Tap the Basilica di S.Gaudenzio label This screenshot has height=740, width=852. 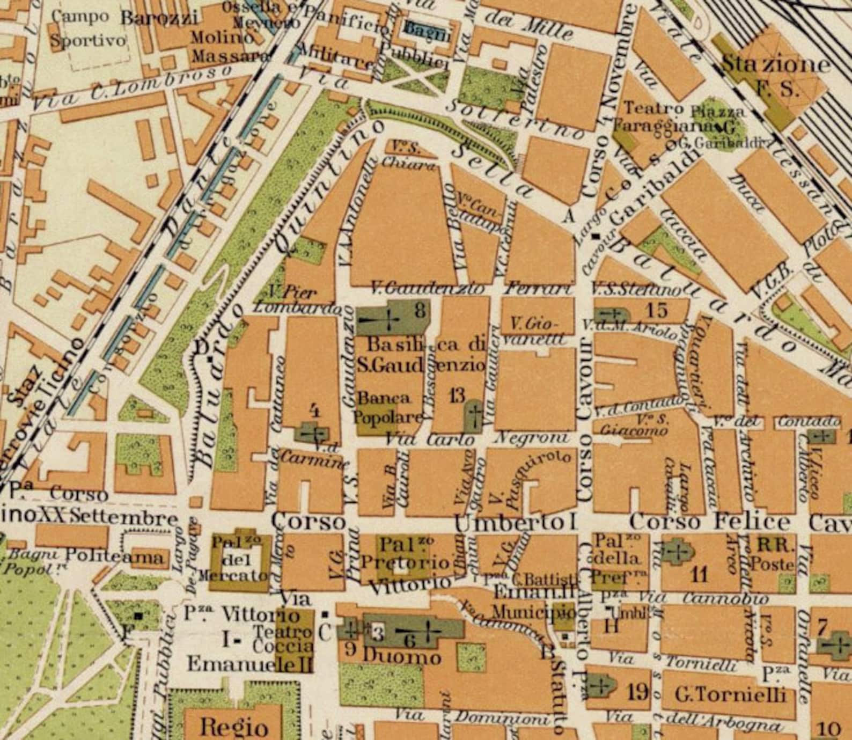[421, 355]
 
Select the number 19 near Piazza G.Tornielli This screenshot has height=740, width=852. [638, 692]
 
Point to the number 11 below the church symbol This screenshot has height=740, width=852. [699, 575]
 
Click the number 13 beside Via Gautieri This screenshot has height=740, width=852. [457, 397]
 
